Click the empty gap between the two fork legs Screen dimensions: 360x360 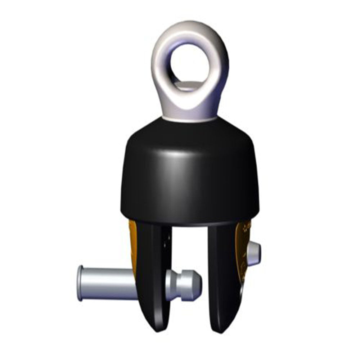(191, 252)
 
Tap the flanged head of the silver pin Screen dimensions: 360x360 (81, 283)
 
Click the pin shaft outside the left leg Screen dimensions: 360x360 (108, 283)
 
